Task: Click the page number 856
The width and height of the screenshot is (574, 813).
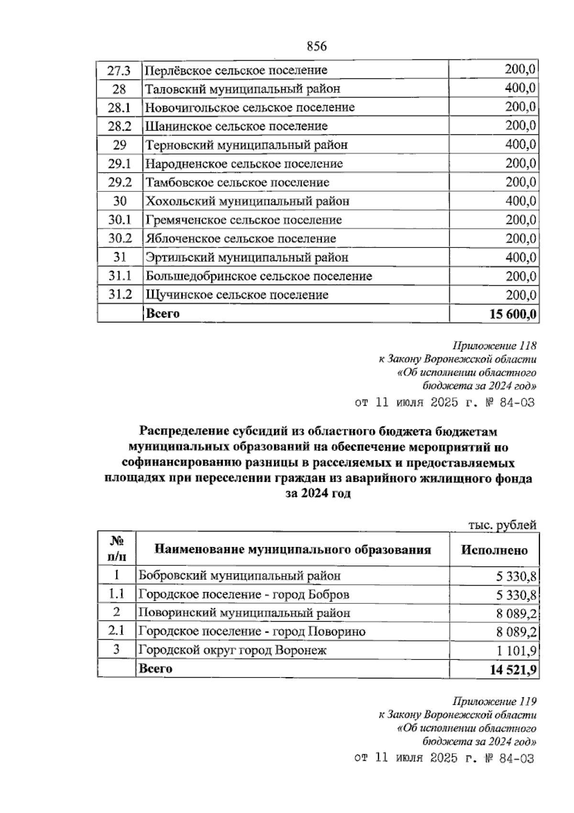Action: [x=316, y=46]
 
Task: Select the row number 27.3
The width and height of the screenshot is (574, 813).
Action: [x=119, y=70]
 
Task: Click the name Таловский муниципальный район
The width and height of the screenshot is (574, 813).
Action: [x=243, y=89]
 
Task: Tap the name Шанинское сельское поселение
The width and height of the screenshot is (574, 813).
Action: [x=236, y=126]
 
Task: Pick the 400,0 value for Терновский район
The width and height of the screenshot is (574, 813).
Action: [x=520, y=145]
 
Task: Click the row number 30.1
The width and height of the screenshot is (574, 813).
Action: [x=119, y=220]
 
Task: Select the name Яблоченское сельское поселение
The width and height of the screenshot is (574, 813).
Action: [x=241, y=238]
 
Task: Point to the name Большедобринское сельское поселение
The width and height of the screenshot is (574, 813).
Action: [x=258, y=276]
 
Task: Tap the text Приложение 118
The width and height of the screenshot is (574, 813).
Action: [x=494, y=345]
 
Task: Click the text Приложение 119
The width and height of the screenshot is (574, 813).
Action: [x=494, y=702]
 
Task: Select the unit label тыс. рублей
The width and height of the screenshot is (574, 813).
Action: [x=502, y=525]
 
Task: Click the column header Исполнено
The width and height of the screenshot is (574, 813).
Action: [x=494, y=550]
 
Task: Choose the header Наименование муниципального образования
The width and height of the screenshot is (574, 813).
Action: [x=293, y=549]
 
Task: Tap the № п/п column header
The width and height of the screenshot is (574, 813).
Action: [x=117, y=548]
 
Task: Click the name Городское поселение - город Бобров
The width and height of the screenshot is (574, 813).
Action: [x=243, y=594]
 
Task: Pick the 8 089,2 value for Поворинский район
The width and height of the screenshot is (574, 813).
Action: [x=516, y=613]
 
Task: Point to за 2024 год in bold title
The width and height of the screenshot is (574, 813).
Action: [x=318, y=493]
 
